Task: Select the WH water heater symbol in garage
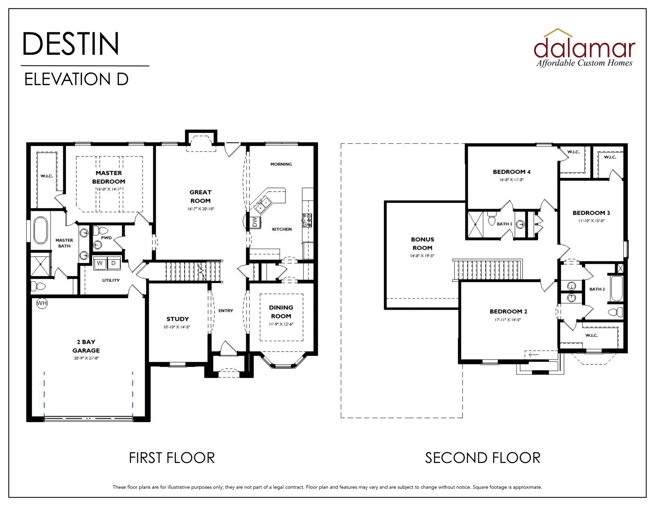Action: [42, 303]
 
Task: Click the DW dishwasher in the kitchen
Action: [255, 222]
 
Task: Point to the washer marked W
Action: [100, 263]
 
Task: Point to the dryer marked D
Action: [114, 263]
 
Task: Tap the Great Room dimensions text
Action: [201, 209]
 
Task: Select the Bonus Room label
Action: [422, 243]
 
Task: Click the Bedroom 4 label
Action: [511, 172]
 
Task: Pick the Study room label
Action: [177, 319]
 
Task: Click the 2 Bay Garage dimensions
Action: [86, 358]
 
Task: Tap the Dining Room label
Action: [281, 312]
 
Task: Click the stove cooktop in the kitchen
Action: [307, 220]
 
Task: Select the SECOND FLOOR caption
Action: [482, 458]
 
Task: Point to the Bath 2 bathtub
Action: [617, 288]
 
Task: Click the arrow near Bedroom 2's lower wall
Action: [534, 355]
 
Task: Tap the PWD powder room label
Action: [106, 238]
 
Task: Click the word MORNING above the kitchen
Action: [281, 164]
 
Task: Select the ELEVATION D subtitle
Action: [76, 79]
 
